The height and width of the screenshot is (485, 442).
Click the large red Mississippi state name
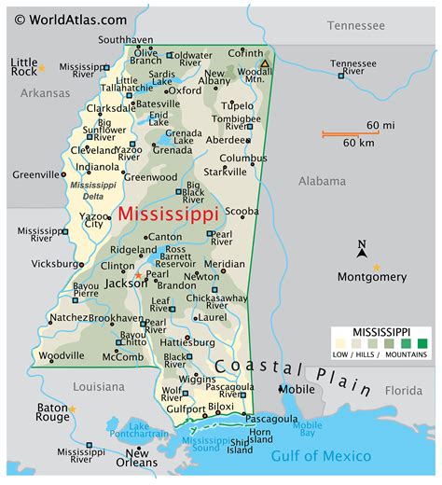click(x=169, y=214)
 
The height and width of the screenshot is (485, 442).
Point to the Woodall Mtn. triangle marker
click(x=265, y=64)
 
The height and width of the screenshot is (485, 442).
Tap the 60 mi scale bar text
click(x=380, y=125)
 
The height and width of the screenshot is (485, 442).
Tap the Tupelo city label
click(x=238, y=105)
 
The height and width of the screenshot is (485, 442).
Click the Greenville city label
click(x=35, y=173)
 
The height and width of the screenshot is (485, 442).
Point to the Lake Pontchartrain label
click(x=138, y=430)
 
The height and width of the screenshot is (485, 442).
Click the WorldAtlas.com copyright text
click(x=65, y=19)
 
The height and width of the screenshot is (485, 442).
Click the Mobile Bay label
click(x=308, y=430)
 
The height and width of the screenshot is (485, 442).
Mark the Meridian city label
click(x=225, y=264)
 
